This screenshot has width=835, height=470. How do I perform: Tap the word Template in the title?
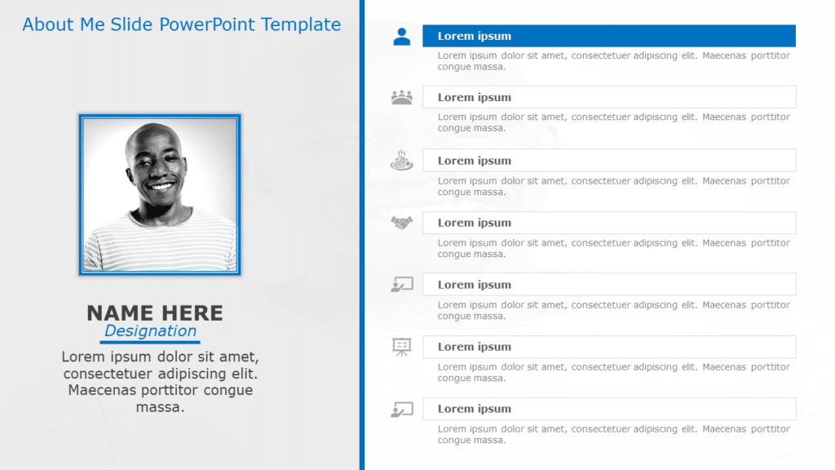tap(301, 24)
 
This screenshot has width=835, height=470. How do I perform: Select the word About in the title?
tap(48, 24)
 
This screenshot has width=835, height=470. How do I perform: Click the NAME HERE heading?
tap(155, 313)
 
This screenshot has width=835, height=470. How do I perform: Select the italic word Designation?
tap(150, 330)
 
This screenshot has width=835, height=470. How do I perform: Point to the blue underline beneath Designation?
tap(150, 342)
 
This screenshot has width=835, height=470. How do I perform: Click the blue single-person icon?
tap(402, 37)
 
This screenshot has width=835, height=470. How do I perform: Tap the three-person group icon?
tap(402, 97)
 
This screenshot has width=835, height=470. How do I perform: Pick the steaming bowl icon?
tap(402, 160)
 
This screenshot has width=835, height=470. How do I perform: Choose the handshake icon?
tap(402, 222)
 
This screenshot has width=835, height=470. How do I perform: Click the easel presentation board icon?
tap(402, 347)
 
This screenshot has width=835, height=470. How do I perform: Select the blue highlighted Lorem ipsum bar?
tap(608, 36)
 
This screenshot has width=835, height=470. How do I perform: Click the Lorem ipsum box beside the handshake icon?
tap(608, 223)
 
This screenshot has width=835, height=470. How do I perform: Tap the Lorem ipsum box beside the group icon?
tap(608, 97)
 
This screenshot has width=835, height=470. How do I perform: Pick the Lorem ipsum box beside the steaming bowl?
tap(608, 161)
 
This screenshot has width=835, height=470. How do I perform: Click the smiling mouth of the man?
tap(161, 186)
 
